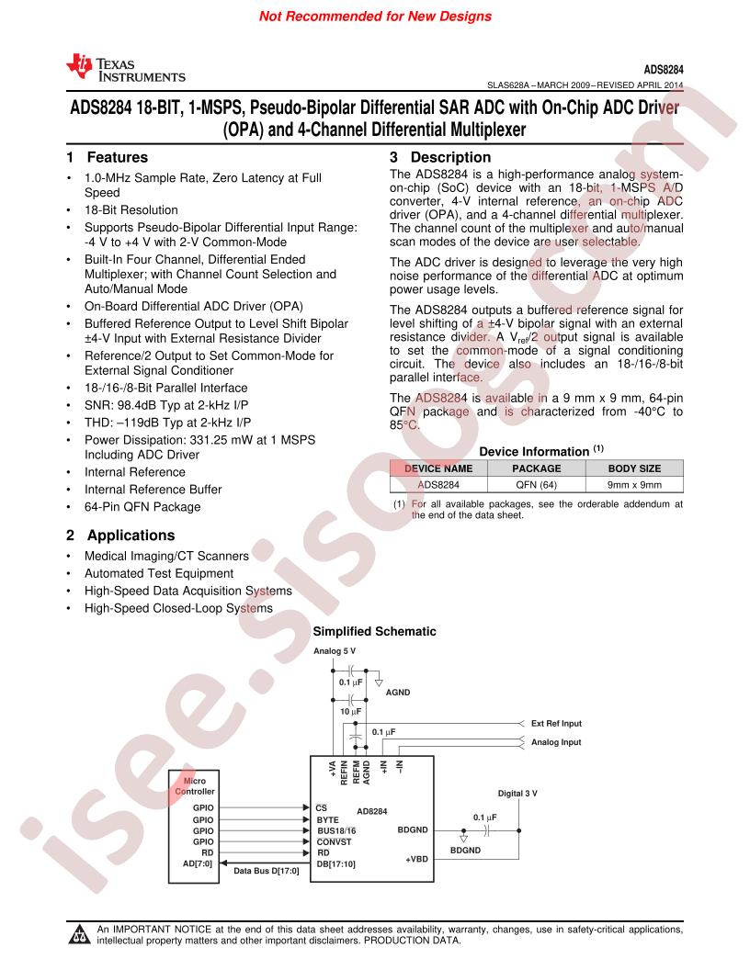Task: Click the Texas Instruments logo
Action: coord(126,68)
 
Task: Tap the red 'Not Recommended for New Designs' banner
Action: coord(375,17)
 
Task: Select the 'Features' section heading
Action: coord(117,157)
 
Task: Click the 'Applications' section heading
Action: coord(131,536)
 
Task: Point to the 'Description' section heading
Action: coord(450,157)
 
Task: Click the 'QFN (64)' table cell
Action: coord(537,485)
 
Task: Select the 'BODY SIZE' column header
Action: coord(634,468)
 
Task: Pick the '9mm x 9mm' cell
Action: coord(634,485)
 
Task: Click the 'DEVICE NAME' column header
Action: coord(438,468)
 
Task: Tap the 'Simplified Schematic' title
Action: coord(374,632)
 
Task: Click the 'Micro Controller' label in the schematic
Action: coord(194,786)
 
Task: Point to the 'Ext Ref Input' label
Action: coord(556,724)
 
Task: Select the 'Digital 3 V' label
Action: coord(517,794)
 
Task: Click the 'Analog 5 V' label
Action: coord(335,650)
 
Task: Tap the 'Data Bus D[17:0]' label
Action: coord(267,871)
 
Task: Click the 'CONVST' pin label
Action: coord(335,842)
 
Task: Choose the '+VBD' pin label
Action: coord(416,859)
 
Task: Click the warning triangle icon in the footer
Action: coord(79,934)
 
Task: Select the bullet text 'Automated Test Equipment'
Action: coord(159,573)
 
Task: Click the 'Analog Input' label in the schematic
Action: coord(556,742)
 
